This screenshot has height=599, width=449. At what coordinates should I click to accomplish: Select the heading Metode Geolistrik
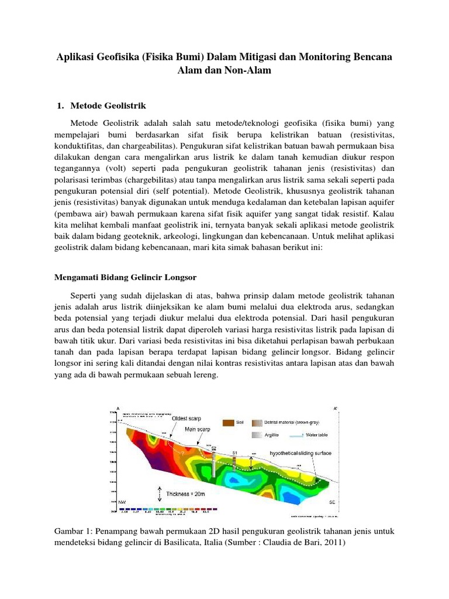[x=108, y=106]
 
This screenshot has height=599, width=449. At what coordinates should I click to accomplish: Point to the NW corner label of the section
[x=122, y=502]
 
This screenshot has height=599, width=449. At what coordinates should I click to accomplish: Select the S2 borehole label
[x=213, y=448]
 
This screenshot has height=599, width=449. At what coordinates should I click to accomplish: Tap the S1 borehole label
[x=234, y=453]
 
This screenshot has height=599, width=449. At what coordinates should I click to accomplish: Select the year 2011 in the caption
[x=333, y=542]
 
